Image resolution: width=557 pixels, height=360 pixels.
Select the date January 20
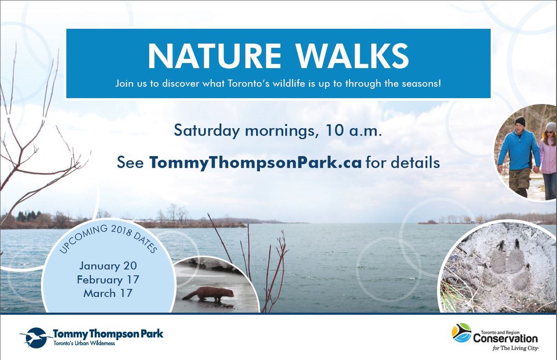(x=108, y=266)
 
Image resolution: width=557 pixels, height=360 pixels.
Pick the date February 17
(x=108, y=280)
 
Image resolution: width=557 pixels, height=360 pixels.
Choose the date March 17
(x=108, y=293)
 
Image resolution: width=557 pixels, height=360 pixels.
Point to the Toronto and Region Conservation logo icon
(x=461, y=333)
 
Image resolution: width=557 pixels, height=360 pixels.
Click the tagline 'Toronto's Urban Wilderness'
(x=84, y=344)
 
